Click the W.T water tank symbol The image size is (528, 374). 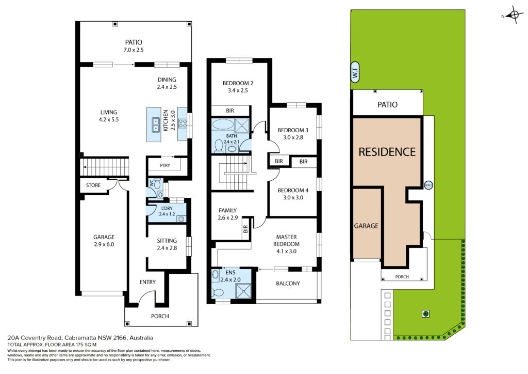pos(355,72)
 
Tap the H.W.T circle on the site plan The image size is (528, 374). pos(428,185)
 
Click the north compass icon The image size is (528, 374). pos(514,15)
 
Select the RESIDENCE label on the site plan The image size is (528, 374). pos(387,152)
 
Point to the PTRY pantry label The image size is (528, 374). pos(165,165)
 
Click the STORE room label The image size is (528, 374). pos(93,185)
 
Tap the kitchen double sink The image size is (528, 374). pos(156,125)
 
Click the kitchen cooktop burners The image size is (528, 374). pos(183,123)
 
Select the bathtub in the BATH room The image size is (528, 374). pos(223,124)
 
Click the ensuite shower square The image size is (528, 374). pos(243,291)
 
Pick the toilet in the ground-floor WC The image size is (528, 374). pos(157,184)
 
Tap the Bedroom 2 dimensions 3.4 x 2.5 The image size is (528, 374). pos(238,90)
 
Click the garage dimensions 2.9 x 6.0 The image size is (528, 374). pos(104,244)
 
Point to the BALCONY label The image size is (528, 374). pos(288,284)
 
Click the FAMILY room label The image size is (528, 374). pos(227,210)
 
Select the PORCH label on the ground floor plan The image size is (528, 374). pos(160,316)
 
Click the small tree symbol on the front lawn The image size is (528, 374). pos(426,314)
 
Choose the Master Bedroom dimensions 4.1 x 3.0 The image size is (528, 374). pos(286,251)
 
